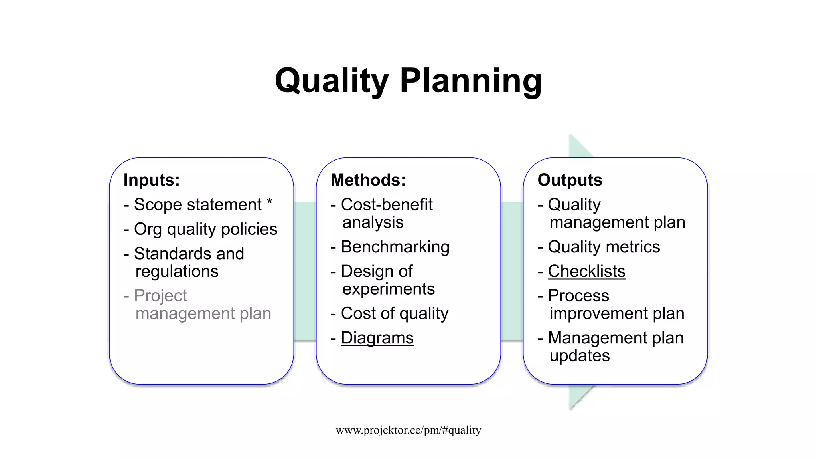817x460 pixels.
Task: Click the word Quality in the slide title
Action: point(332,81)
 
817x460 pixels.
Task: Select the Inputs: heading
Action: point(152,180)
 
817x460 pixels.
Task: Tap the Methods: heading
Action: point(368,180)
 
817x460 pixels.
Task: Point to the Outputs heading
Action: point(570,180)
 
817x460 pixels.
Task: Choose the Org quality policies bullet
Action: point(205,229)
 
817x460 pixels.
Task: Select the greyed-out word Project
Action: point(160,296)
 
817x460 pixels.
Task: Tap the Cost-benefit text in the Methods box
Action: point(387,205)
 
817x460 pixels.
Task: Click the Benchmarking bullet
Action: point(395,247)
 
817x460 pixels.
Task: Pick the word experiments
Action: point(388,289)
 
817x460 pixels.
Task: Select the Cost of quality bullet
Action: point(395,313)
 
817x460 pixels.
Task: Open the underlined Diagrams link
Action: point(377,338)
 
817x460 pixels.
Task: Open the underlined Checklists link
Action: point(586,272)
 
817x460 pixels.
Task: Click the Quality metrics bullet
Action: point(604,247)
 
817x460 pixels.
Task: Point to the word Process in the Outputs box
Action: point(578,296)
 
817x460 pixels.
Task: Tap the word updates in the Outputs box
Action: point(579,356)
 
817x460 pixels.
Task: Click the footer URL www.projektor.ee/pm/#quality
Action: point(408,430)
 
